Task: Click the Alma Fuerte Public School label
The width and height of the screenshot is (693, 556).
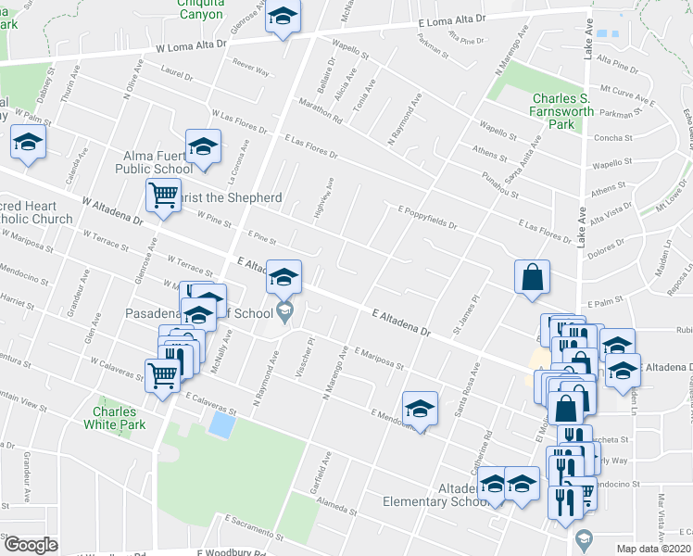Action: (154, 162)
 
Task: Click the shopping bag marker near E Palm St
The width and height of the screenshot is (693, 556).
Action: (533, 277)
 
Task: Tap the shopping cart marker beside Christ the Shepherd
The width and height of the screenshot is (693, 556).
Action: (163, 196)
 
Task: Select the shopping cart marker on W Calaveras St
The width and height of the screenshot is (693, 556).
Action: (163, 376)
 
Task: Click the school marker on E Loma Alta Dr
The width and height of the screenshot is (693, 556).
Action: (283, 19)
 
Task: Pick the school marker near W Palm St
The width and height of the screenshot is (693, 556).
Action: (28, 145)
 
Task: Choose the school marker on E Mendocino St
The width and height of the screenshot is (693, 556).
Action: (420, 409)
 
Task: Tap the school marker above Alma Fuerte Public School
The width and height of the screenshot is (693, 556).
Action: (203, 145)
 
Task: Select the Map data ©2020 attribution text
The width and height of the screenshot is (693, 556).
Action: (653, 549)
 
